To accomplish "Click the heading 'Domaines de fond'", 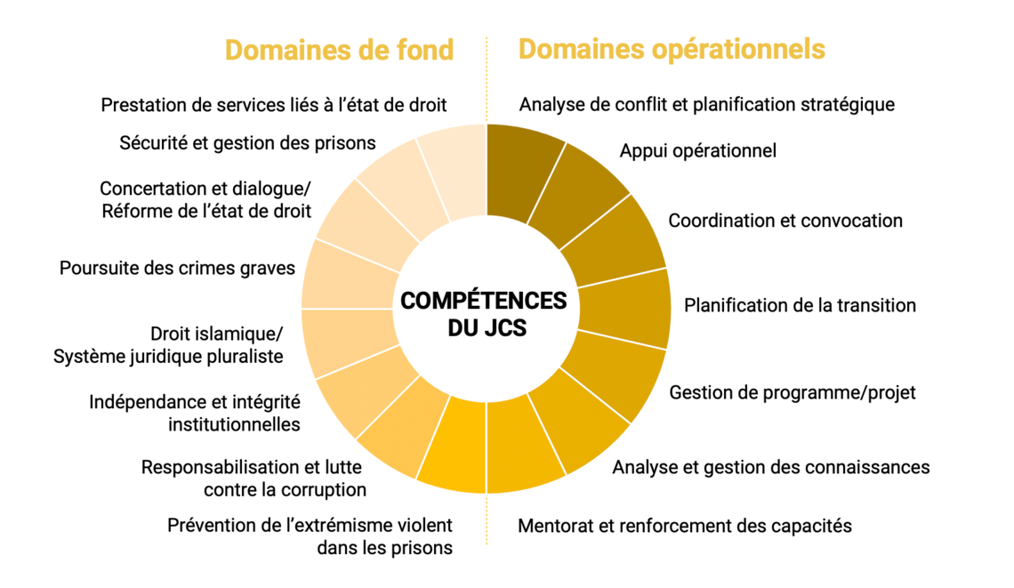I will [339, 49].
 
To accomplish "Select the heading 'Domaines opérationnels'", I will [672, 49].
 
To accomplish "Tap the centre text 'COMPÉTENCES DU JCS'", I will [483, 314].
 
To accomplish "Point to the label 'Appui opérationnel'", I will [697, 150].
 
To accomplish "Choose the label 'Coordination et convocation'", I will [785, 221].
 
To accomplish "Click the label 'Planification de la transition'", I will [800, 305].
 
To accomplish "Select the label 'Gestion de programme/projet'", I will [793, 392].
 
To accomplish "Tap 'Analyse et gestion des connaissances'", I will [770, 467].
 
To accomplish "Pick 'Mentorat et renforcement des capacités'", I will [685, 526].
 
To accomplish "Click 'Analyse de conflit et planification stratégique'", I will [707, 104].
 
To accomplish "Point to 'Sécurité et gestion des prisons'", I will [248, 142].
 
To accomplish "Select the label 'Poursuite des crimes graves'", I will [177, 268].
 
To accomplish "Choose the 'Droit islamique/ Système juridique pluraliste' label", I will [168, 345].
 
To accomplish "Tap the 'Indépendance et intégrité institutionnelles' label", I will [195, 413].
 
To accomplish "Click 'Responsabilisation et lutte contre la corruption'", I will [253, 478].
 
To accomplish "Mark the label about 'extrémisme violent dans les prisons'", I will [310, 536].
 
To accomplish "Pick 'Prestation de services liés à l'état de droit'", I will [274, 105].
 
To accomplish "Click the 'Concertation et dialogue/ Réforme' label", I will [205, 199].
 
